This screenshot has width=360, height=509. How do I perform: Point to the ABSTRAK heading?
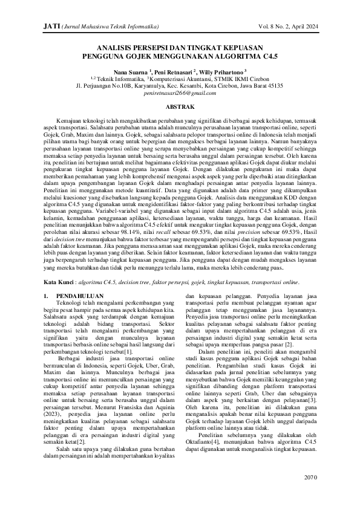pyautogui.click(x=180, y=106)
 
